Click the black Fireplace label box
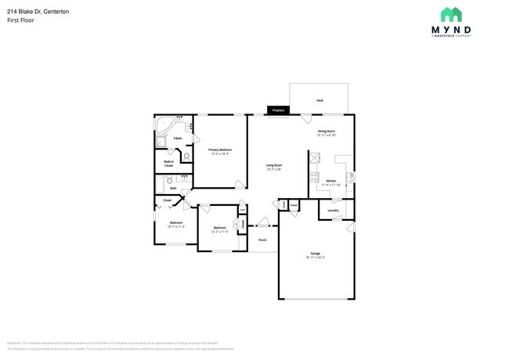point(278,110)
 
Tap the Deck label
point(319,101)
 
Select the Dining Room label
point(327,131)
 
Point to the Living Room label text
point(273,165)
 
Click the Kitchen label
point(330,181)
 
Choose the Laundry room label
point(333,210)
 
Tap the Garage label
point(315,254)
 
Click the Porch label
point(262,239)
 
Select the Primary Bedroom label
point(219,149)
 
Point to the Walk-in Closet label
point(168,164)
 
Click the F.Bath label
point(178,139)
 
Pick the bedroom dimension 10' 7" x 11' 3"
point(175,227)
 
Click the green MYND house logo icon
point(450,15)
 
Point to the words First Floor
point(21,20)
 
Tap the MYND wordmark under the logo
point(450,30)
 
